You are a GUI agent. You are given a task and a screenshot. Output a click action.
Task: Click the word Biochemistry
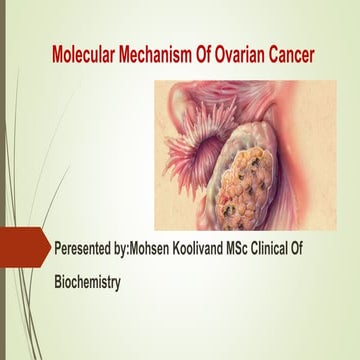point(87,283)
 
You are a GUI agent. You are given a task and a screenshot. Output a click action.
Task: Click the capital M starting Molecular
point(58,51)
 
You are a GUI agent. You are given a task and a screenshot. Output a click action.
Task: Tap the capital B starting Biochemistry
point(58,283)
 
